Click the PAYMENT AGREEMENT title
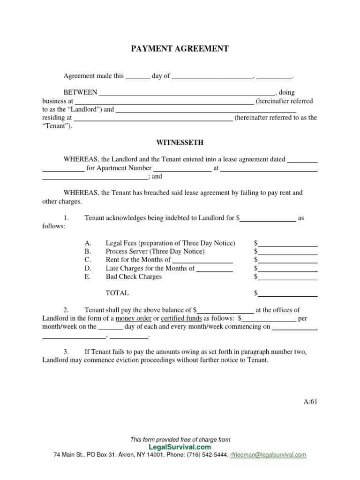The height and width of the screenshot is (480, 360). point(180,49)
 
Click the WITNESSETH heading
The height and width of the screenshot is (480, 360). point(180,142)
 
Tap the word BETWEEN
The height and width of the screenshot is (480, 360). point(80,92)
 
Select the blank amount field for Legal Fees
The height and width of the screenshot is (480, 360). point(288,243)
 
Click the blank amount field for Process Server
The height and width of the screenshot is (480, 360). point(288,252)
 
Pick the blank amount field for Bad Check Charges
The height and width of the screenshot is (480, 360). point(288,277)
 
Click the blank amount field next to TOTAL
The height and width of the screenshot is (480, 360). point(288,293)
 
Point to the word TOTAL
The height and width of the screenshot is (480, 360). point(117,293)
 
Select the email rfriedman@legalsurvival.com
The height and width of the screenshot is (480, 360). point(269,455)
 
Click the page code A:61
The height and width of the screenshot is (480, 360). point(310,401)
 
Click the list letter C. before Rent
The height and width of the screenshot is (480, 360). point(88,260)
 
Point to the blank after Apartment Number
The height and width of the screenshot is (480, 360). point(183,168)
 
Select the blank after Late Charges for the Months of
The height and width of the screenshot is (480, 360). point(214,269)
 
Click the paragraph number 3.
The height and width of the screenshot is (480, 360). point(67,352)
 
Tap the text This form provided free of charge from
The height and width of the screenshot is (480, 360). point(180,440)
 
